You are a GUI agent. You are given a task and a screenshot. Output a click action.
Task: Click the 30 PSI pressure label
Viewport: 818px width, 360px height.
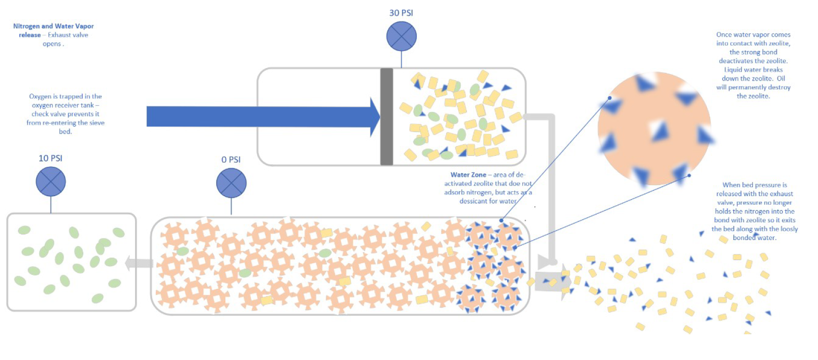coord(401,13)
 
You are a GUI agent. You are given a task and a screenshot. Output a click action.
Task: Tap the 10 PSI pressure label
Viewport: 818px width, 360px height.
coord(50,158)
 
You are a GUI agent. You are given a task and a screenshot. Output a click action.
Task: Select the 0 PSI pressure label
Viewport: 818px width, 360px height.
coord(231,160)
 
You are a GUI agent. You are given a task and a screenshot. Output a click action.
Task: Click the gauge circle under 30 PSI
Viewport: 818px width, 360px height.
coord(401,36)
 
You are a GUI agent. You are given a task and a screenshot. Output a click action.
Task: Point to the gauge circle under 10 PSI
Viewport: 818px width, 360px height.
coord(51,182)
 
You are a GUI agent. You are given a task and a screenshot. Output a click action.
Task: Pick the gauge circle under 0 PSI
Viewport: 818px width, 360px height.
coord(231,183)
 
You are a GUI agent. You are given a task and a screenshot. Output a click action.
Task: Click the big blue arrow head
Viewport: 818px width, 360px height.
coord(374,117)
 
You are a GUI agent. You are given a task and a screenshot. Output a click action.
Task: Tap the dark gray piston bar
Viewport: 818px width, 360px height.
coord(387,116)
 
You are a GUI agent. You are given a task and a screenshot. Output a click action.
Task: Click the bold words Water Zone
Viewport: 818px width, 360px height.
coord(468,175)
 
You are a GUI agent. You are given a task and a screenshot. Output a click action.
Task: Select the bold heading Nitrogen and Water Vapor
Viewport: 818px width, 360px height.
coord(53,26)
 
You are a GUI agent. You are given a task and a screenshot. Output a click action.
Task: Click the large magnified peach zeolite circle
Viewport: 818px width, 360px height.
coord(654,129)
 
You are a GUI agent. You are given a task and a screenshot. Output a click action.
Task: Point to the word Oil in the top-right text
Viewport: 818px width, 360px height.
coord(781,79)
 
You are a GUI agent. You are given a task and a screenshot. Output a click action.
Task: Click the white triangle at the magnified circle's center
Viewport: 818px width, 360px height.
coord(658,130)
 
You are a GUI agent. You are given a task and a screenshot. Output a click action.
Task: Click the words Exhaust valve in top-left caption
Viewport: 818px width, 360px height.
coord(68,35)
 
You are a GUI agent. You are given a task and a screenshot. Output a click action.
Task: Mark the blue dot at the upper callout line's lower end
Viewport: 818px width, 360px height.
coord(501,220)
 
